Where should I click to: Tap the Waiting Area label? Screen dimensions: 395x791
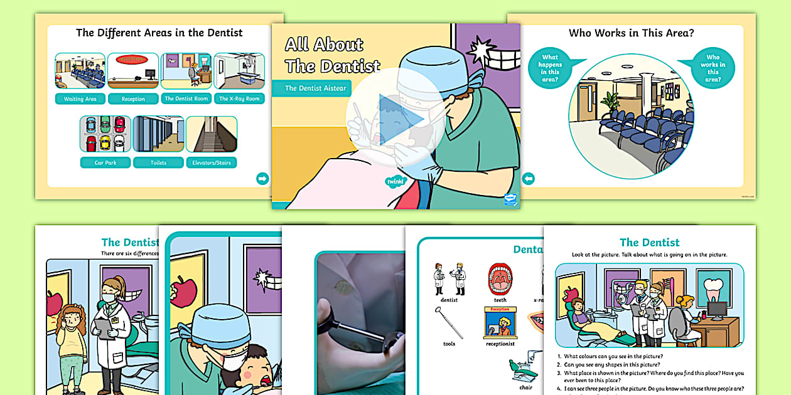[80, 99]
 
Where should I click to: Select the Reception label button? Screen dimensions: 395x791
[132, 99]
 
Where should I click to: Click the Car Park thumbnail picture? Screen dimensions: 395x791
[105, 134]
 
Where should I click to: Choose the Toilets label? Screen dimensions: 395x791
[158, 163]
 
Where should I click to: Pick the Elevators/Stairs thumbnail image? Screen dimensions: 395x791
[212, 134]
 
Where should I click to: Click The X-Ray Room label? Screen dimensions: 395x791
[239, 98]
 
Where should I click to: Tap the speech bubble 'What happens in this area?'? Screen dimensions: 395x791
[550, 68]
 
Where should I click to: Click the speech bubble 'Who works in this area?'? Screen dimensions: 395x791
[713, 68]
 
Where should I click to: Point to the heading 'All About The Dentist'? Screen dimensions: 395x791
[332, 55]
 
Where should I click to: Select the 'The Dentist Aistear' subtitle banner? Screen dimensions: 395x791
[315, 88]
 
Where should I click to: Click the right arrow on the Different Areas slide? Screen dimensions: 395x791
[262, 179]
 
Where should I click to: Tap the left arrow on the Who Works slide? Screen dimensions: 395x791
[528, 179]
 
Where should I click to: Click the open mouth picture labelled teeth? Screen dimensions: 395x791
[500, 278]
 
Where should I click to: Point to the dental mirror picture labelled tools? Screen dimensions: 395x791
[449, 322]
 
